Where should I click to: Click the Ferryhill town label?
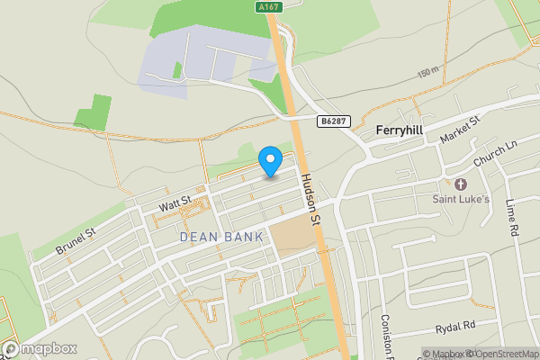point(399,130)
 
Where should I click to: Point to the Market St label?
point(461,127)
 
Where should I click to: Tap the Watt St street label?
point(175,204)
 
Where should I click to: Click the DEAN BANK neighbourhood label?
point(222,237)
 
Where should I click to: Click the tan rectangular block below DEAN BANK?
point(292,237)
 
